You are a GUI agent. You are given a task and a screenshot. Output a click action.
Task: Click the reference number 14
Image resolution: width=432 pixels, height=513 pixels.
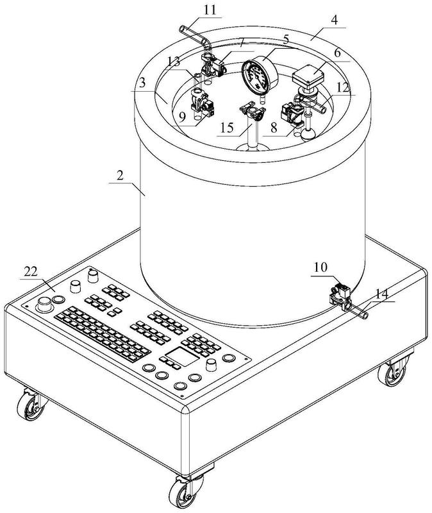pyautogui.click(x=381, y=294)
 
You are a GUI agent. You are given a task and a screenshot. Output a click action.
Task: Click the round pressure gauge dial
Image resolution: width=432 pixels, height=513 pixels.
pyautogui.click(x=258, y=75)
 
